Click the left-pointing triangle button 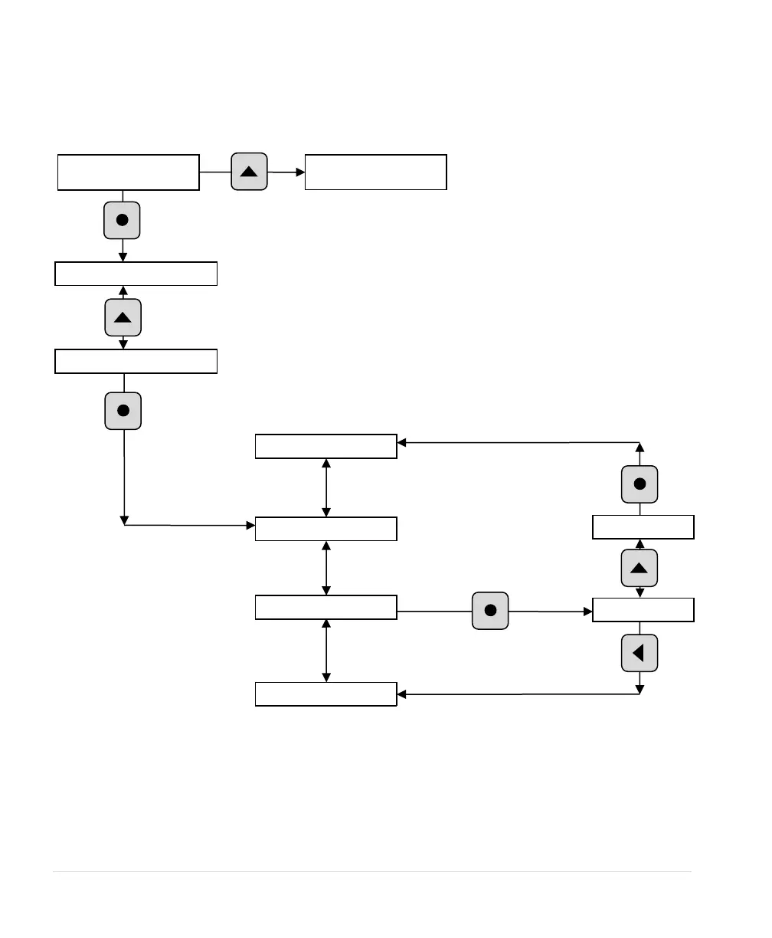[x=640, y=653]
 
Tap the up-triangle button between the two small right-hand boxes [x=640, y=568]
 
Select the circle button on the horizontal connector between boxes [x=491, y=611]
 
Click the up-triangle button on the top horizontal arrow [x=249, y=172]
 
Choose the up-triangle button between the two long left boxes [x=123, y=317]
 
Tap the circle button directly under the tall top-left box [x=122, y=220]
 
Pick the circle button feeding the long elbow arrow [x=123, y=411]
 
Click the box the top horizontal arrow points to [x=375, y=172]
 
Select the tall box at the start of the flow [x=129, y=172]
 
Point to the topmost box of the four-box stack [x=325, y=446]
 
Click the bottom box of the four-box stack [x=325, y=694]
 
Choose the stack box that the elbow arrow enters [x=325, y=529]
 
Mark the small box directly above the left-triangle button [x=643, y=610]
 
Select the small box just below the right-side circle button [x=643, y=527]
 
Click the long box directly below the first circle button [x=136, y=274]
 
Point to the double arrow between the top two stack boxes [x=327, y=487]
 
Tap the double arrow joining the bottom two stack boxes [x=327, y=651]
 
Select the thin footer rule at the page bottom [x=371, y=871]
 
